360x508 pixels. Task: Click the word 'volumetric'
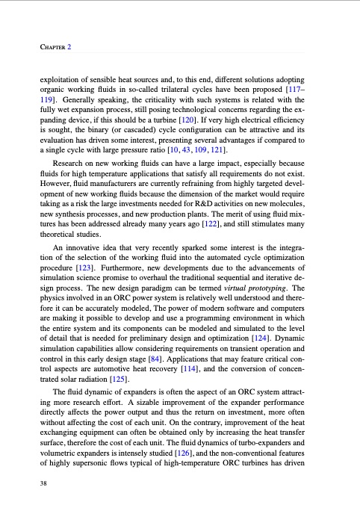[x=62, y=459]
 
